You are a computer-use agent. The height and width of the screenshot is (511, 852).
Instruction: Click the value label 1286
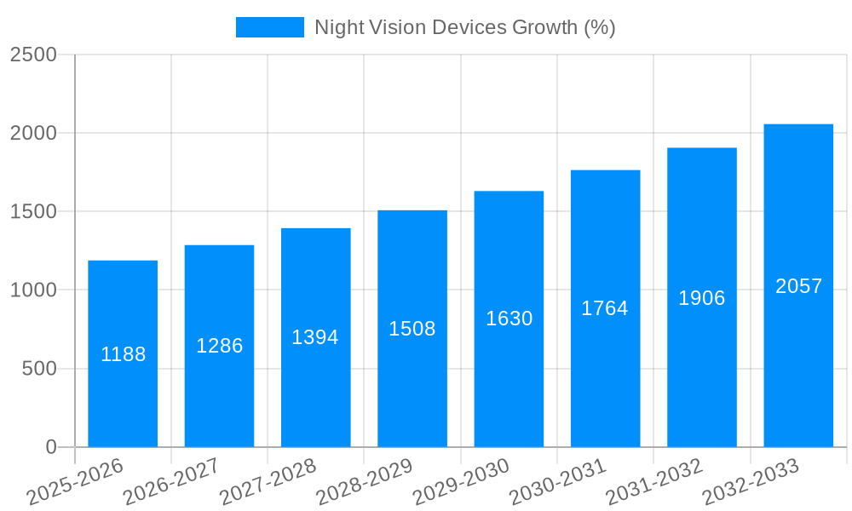pos(220,346)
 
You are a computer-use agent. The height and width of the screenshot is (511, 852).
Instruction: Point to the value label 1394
pos(315,337)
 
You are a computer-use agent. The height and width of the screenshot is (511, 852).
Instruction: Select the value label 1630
pos(509,319)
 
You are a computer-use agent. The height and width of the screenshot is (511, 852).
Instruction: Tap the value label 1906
pos(701,298)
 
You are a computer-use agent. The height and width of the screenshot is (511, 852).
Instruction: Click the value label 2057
pos(798,286)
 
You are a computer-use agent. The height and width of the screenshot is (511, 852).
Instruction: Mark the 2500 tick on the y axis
pos(33,55)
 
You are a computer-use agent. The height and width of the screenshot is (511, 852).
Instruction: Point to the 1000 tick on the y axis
pos(33,290)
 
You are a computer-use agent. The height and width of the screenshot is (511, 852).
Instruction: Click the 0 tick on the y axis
pos(50,447)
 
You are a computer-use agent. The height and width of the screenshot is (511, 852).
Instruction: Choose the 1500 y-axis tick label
pos(33,212)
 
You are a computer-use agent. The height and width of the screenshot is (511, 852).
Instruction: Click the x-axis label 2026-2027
pos(171,481)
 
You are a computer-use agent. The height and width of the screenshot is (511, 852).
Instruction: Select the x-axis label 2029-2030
pos(461,481)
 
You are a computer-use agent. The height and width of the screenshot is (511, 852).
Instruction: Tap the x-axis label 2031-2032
pos(654,481)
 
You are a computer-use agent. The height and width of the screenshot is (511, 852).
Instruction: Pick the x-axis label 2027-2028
pos(268,481)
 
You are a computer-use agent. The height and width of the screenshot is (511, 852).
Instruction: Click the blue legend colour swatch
pos(269,27)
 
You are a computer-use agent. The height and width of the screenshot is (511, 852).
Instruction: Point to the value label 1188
pos(123,354)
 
